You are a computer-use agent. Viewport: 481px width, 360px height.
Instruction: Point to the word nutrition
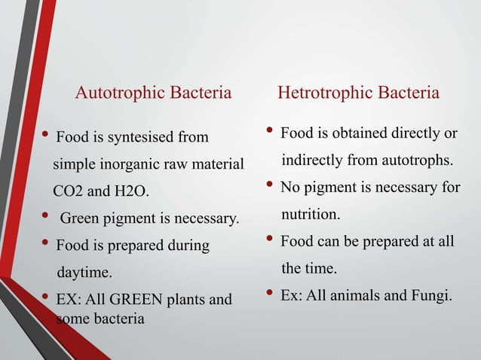click(311, 215)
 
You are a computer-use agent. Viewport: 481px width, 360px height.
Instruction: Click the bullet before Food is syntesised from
click(46, 136)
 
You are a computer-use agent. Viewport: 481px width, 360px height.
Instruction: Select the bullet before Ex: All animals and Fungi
click(271, 293)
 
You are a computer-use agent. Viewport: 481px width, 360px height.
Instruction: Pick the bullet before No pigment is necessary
click(271, 185)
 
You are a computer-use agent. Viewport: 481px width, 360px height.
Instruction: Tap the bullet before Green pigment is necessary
click(46, 218)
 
